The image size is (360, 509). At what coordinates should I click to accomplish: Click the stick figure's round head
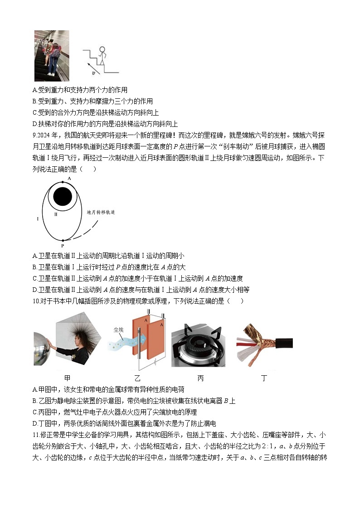pos(102,50)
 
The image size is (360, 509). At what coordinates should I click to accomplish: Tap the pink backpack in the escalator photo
pos(55,53)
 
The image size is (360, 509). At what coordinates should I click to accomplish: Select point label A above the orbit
pos(69,179)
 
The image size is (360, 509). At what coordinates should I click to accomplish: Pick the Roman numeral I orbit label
pos(38,219)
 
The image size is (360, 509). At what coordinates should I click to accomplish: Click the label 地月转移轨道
pos(101,212)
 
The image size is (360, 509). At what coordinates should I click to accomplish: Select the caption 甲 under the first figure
pos(68,377)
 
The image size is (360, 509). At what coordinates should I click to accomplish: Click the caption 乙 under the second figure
pos(137,377)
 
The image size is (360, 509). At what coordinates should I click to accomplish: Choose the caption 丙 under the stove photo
pos(200,377)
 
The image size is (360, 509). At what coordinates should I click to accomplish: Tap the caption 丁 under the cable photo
pos(264,377)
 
